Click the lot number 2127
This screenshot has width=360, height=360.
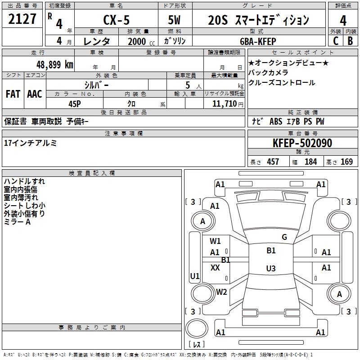point(22,19)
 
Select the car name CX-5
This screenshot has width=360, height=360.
point(117,20)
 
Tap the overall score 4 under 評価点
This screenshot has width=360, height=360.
point(343,21)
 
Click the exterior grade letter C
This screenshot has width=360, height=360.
point(336,41)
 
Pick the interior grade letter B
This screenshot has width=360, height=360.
point(350,41)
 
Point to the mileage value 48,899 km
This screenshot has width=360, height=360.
point(55,65)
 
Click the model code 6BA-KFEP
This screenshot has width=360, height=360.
point(258,41)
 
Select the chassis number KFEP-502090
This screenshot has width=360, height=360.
point(302,143)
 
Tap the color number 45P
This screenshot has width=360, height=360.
point(75,104)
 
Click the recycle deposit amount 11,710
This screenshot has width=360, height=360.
point(225,104)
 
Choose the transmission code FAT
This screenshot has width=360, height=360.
point(13,94)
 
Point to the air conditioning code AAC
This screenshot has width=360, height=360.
point(35,94)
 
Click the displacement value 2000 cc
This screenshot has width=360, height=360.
point(141,41)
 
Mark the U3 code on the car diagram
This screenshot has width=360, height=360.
point(271,268)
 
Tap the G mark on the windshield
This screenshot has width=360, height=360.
point(284,237)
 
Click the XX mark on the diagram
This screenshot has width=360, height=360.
point(215,267)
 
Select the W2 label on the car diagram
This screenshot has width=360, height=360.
point(221,292)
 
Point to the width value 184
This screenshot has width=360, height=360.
point(310,162)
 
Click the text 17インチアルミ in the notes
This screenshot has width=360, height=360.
point(30,143)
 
